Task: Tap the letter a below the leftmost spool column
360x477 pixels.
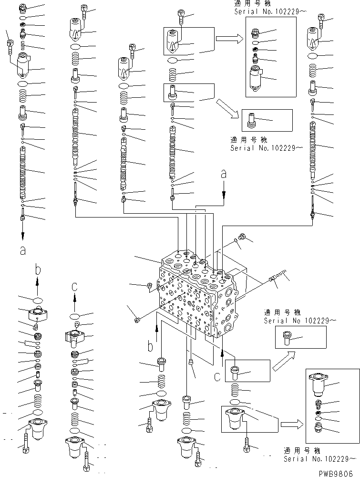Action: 23,250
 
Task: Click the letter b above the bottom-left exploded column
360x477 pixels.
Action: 38,270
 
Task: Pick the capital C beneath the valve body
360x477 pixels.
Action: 217,376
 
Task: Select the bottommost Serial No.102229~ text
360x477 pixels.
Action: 319,459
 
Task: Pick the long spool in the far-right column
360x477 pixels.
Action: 314,148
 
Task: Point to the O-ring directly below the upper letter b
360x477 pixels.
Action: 38,300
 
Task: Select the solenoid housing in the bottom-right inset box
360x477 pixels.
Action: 318,384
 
